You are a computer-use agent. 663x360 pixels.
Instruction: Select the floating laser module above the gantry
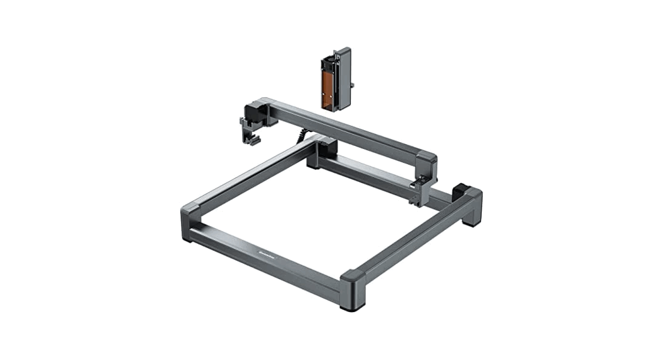pos(335,79)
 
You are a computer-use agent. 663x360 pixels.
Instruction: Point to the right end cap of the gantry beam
pos(427,163)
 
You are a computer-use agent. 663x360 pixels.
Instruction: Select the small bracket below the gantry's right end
pos(417,193)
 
